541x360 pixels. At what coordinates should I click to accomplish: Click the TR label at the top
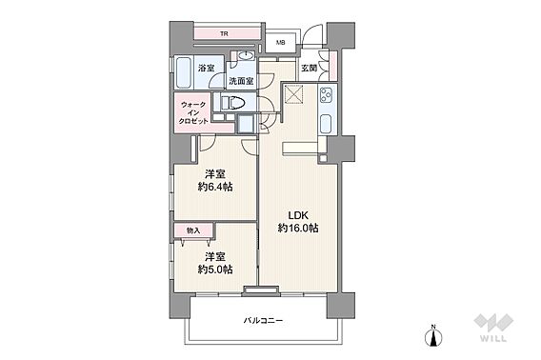coord(224,35)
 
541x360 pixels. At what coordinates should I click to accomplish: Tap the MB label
coord(281,43)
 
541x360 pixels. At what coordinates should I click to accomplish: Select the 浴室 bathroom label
coord(206,69)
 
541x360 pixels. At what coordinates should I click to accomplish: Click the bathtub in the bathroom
coord(183,73)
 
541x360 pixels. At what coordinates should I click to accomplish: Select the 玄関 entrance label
coord(310,69)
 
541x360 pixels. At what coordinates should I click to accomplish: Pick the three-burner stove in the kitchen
coord(327,95)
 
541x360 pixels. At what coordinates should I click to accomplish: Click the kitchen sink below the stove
coord(326,123)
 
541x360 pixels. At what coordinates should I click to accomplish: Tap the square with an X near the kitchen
coord(294,95)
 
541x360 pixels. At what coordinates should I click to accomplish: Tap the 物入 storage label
coord(193,230)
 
